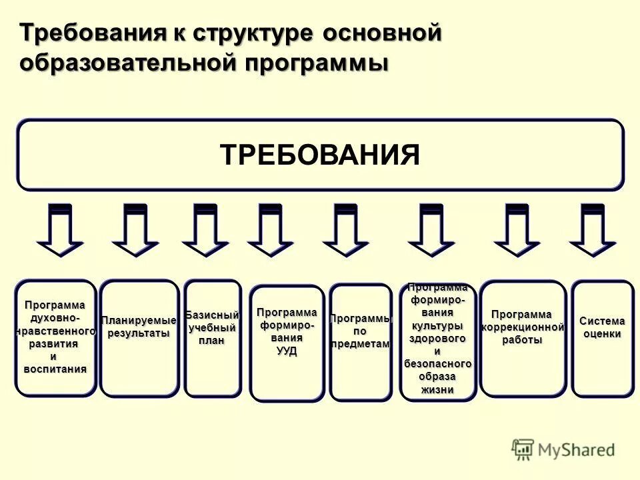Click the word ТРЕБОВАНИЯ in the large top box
[x=320, y=155]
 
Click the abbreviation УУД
[x=287, y=351]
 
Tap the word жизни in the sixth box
[x=437, y=389]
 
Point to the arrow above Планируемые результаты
[x=135, y=230]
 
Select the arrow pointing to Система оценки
[x=592, y=230]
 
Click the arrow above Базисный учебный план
[x=205, y=230]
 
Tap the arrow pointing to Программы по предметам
[x=346, y=230]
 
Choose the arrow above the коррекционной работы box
[x=517, y=230]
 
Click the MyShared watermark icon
[x=523, y=449]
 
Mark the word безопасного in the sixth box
[x=437, y=364]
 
